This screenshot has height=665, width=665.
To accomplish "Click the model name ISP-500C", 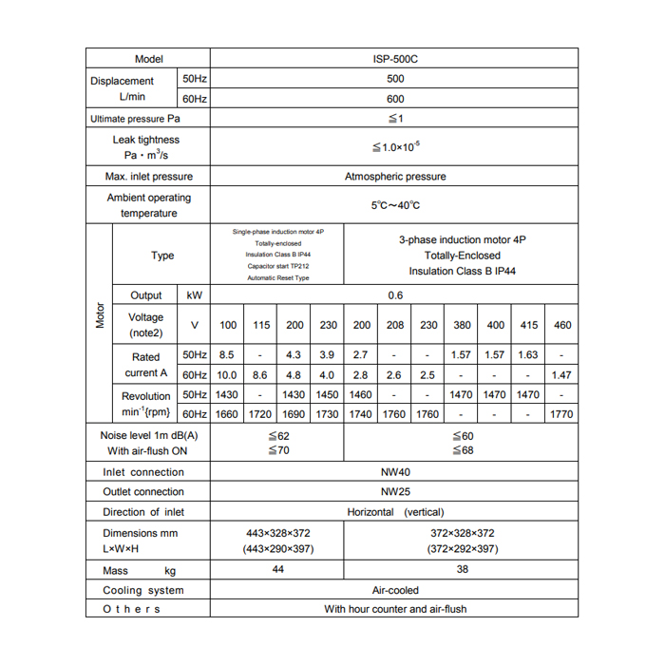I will pyautogui.click(x=395, y=59).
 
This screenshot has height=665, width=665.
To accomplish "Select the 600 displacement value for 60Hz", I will pyautogui.click(x=395, y=99).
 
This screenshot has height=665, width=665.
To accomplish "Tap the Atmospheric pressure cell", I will pyautogui.click(x=395, y=177).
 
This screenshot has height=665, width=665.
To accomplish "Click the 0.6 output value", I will pyautogui.click(x=395, y=295).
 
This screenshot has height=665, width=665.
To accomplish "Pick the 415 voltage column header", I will pyautogui.click(x=529, y=325).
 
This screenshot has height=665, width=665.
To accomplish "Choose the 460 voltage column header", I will pyautogui.click(x=562, y=325).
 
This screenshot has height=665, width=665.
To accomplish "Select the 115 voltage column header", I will pyautogui.click(x=261, y=325).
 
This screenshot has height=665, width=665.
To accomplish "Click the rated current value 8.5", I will pyautogui.click(x=227, y=355).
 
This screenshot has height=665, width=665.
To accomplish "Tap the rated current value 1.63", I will pyautogui.click(x=529, y=355).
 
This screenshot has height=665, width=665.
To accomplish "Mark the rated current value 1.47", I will pyautogui.click(x=562, y=375).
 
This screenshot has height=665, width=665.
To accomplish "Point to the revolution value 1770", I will pyautogui.click(x=562, y=414).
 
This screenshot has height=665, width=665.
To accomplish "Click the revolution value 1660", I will pyautogui.click(x=227, y=414).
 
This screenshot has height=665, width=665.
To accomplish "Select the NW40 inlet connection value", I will pyautogui.click(x=395, y=472).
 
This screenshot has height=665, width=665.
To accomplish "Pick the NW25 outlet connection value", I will pyautogui.click(x=395, y=492).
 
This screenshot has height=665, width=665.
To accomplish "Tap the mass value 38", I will pyautogui.click(x=462, y=570).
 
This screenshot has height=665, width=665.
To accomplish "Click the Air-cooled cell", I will pyautogui.click(x=395, y=590).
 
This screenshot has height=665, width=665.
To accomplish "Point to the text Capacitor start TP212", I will pyautogui.click(x=278, y=266).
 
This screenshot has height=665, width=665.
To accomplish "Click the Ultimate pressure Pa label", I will pyautogui.click(x=135, y=119).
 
